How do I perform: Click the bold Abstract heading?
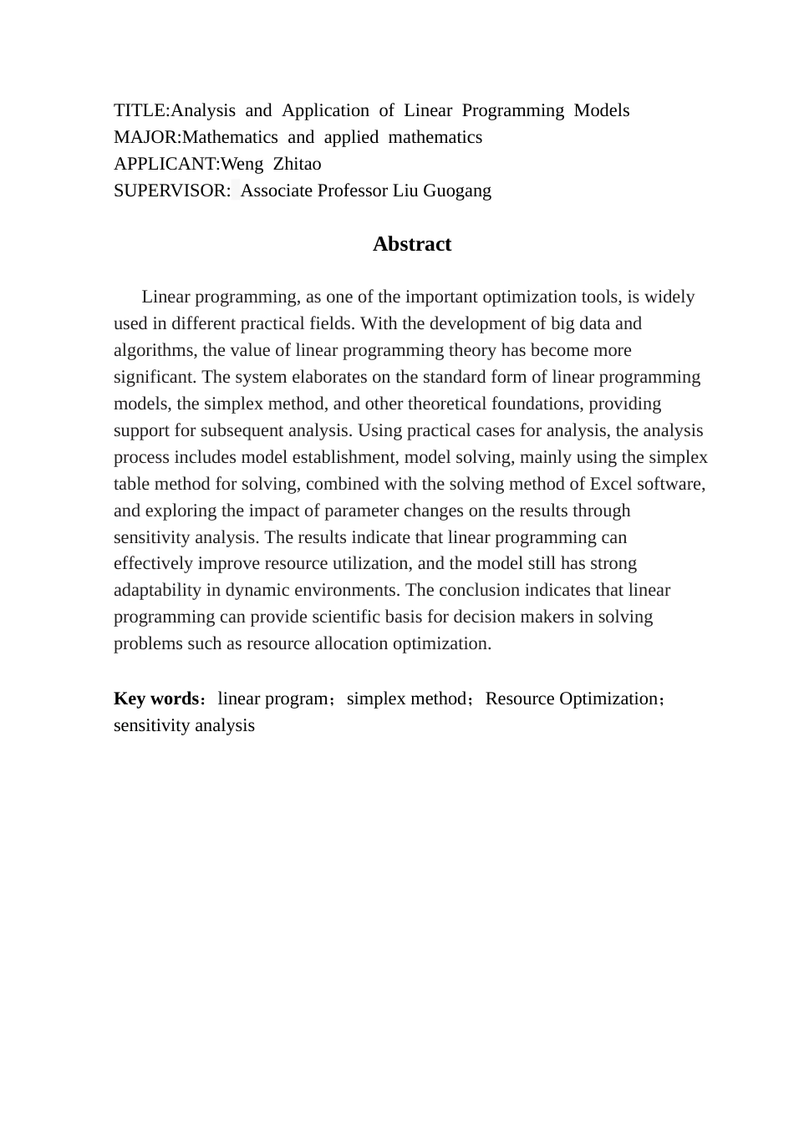click(411, 244)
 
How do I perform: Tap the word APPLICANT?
click(165, 164)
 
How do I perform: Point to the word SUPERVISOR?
click(170, 191)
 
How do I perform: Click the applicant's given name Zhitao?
click(297, 164)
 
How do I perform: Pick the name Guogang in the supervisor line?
click(457, 191)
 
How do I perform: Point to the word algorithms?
click(154, 350)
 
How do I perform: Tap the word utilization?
click(368, 563)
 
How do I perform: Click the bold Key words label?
click(155, 699)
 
